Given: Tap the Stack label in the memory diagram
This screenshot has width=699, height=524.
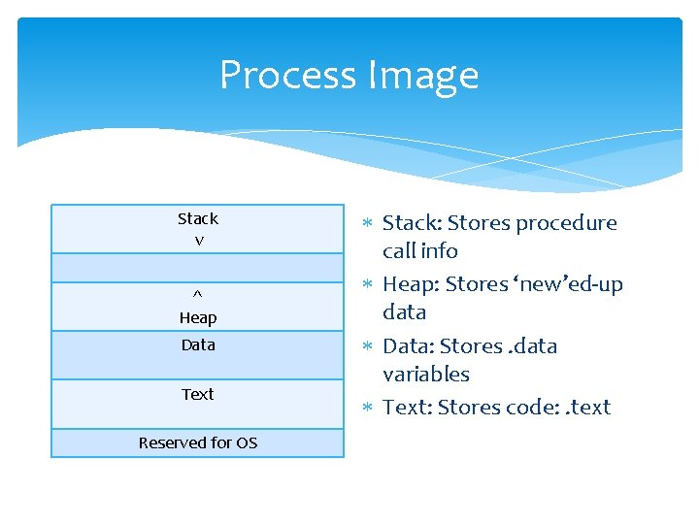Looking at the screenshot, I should click(198, 219).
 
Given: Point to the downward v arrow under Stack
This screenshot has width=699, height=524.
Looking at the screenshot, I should click(199, 241).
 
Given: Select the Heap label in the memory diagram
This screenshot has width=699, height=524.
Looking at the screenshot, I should click(198, 318).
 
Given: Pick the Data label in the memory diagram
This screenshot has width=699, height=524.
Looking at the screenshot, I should click(198, 345).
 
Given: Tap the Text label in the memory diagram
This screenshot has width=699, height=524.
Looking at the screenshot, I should click(198, 394).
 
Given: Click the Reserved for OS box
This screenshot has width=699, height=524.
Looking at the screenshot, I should click(198, 442).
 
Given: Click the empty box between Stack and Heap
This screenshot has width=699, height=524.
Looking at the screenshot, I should click(198, 267).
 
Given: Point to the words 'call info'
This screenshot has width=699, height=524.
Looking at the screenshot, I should click(420, 251).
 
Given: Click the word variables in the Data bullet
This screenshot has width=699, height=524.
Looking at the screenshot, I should click(425, 375).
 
